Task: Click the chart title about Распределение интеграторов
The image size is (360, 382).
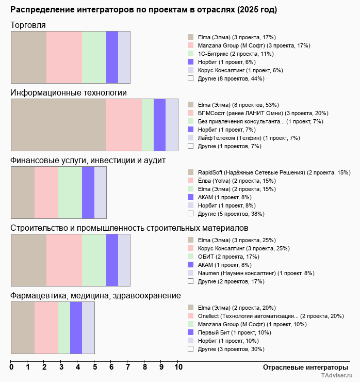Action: [x=143, y=10]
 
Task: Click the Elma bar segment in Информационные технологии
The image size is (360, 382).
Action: [x=58, y=125]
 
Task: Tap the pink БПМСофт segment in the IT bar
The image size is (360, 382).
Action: [x=124, y=125]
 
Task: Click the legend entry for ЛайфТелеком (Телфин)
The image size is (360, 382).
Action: [x=241, y=138]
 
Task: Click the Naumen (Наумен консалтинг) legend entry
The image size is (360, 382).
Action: [x=256, y=273]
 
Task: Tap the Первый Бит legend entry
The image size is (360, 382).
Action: [x=234, y=332]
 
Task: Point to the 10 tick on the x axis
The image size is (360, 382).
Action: [x=178, y=368]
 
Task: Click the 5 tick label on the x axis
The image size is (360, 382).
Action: [x=94, y=368]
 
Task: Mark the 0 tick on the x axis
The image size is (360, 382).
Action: [x=11, y=368]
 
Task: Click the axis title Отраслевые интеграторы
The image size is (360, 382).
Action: [x=302, y=367]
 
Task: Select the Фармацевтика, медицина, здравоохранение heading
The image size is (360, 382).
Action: [x=96, y=296]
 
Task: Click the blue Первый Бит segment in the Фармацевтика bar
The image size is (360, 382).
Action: [x=76, y=328]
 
